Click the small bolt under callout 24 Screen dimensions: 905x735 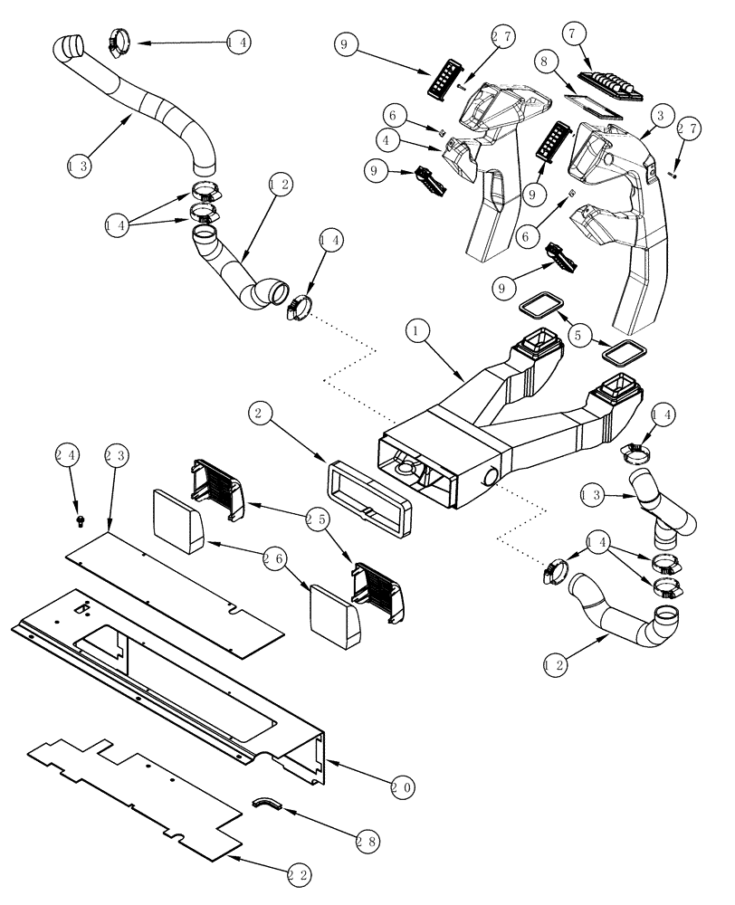80,520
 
